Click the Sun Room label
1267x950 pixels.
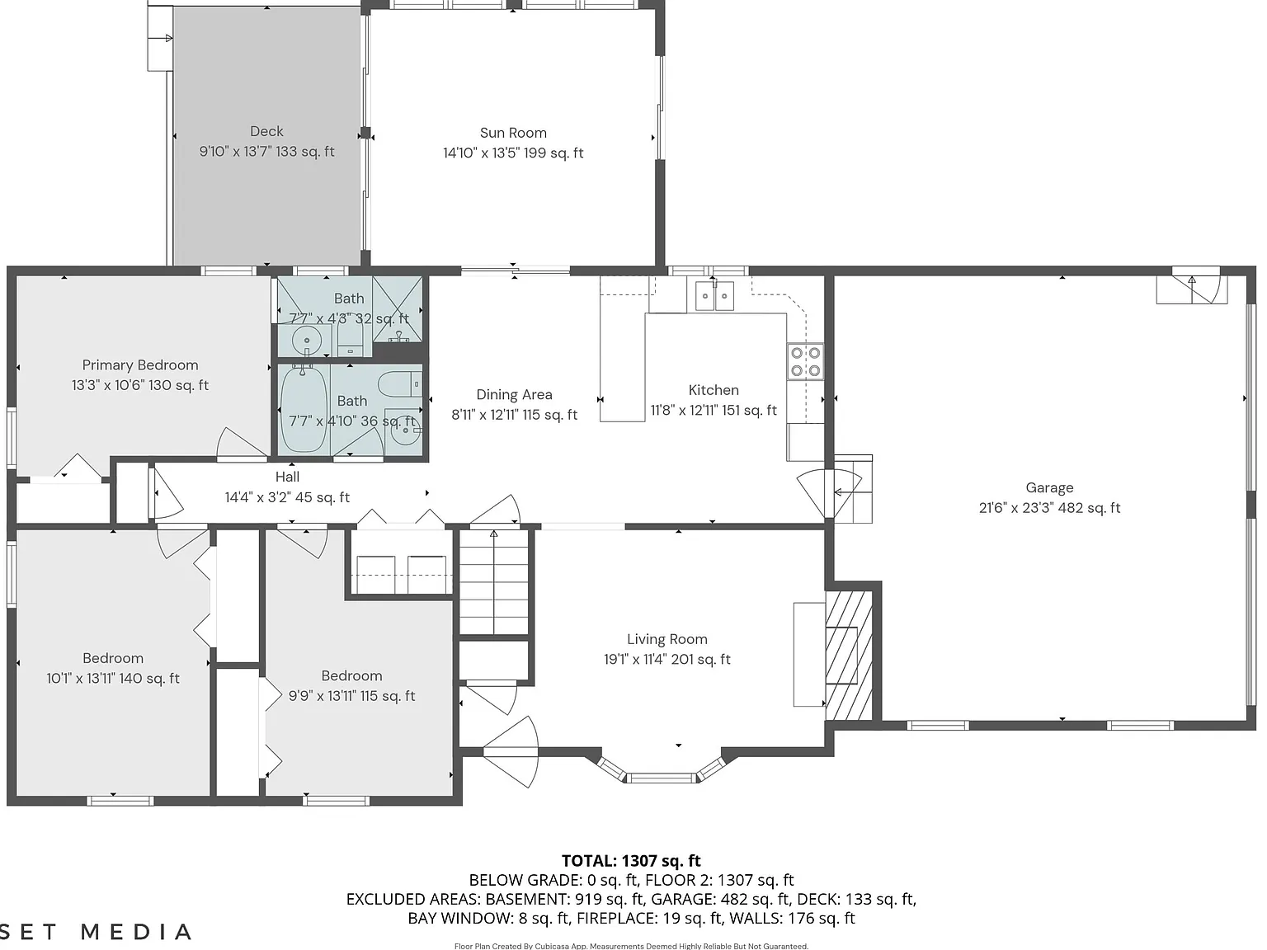tap(513, 133)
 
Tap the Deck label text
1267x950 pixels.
tap(266, 131)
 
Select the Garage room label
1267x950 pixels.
tap(1049, 488)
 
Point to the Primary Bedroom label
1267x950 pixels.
tap(140, 365)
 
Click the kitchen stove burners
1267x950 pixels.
tap(805, 362)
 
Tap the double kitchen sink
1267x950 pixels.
tap(714, 296)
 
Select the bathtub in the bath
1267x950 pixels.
tap(304, 410)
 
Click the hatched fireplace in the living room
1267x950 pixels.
tap(849, 656)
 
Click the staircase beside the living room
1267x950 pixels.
tap(493, 582)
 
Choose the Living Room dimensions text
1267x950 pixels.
tap(667, 659)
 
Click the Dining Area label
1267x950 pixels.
tap(514, 394)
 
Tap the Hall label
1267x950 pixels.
tap(287, 477)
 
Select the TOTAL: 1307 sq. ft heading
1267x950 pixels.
tap(631, 861)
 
